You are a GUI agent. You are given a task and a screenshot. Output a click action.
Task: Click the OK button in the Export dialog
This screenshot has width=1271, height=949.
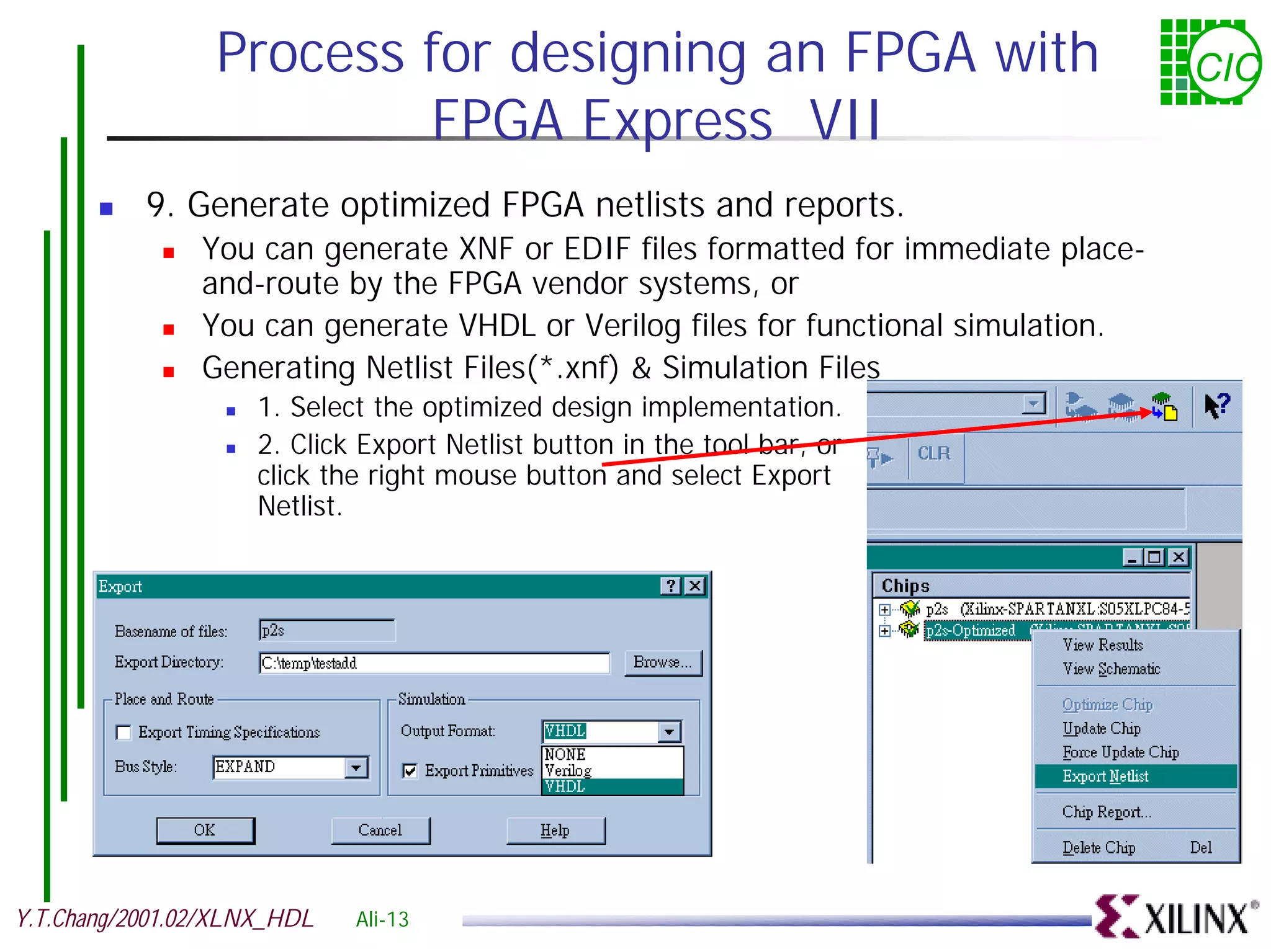[205, 831]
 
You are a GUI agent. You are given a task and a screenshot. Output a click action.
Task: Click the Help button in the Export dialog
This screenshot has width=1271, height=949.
[555, 831]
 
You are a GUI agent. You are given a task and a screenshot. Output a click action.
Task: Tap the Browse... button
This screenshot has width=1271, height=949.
[662, 662]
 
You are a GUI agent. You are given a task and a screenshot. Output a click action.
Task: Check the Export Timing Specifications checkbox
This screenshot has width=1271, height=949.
[124, 733]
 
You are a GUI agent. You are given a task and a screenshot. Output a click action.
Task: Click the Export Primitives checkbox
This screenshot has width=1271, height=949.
[410, 771]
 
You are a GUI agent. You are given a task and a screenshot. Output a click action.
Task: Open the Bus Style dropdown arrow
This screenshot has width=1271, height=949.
[356, 767]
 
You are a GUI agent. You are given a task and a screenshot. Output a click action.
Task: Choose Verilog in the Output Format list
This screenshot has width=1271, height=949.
[568, 770]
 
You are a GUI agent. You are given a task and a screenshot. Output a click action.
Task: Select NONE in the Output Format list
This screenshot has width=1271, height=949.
[565, 755]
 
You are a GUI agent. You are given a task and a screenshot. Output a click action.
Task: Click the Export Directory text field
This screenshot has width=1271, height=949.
[433, 663]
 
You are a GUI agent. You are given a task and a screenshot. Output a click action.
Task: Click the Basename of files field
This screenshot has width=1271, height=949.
[326, 631]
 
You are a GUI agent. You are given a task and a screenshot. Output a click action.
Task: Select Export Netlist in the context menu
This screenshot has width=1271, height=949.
[1105, 777]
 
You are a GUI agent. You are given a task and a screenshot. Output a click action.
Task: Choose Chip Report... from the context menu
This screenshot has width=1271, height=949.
[1107, 812]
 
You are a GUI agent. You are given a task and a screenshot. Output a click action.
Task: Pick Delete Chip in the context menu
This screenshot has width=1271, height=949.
[1099, 848]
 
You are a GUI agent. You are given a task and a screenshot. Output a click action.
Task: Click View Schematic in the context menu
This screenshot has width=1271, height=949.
[1111, 669]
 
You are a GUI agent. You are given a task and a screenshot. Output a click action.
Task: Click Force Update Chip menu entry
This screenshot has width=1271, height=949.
[1120, 752]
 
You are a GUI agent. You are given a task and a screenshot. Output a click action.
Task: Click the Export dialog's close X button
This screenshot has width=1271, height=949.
[696, 586]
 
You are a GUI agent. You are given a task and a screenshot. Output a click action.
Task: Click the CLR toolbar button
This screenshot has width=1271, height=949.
[934, 454]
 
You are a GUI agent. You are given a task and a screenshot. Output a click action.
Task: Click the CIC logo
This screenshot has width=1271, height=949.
[1210, 63]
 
